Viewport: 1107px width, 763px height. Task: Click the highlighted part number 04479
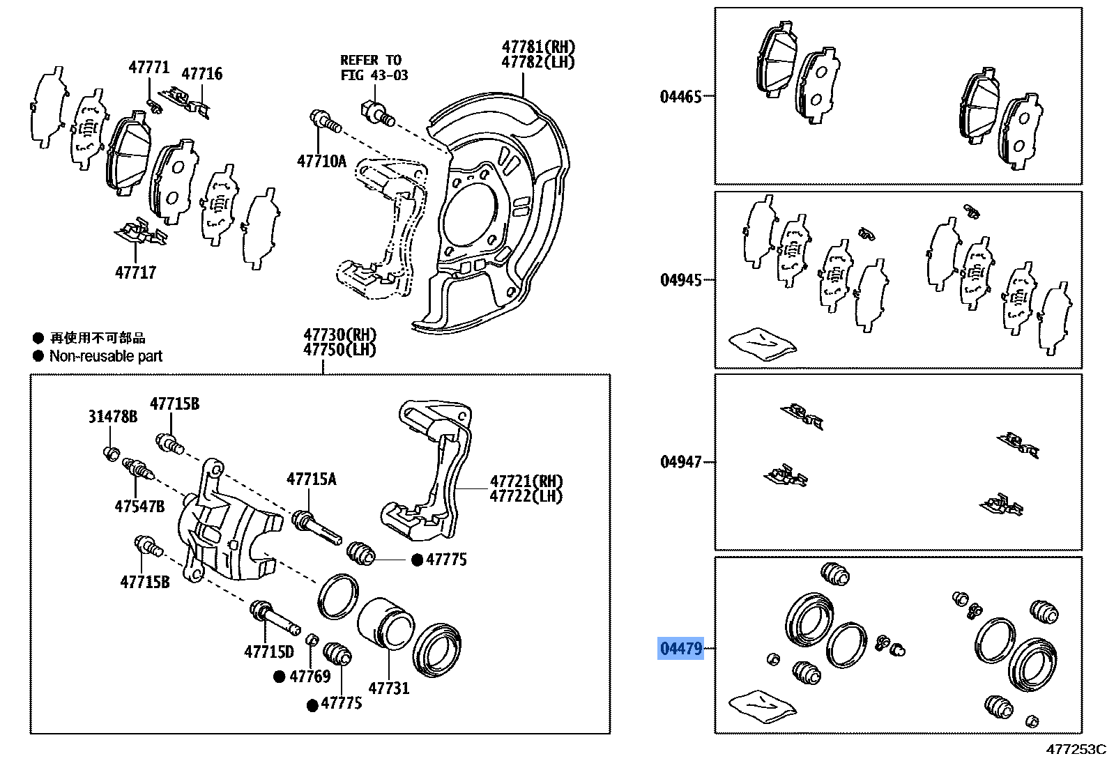(680, 649)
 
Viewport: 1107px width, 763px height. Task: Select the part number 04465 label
(680, 97)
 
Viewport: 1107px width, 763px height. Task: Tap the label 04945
(680, 280)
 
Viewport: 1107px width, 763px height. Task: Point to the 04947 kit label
(680, 462)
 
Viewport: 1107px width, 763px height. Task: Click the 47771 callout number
(148, 68)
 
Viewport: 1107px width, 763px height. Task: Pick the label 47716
(201, 74)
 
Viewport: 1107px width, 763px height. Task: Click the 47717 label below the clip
(135, 272)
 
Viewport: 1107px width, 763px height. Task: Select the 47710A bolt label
(321, 162)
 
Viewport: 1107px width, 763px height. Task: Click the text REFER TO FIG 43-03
(374, 68)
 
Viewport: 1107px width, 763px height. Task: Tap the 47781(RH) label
(538, 47)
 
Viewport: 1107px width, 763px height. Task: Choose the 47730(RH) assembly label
(339, 335)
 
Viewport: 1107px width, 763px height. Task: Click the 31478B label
(112, 417)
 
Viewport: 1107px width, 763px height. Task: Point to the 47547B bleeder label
(139, 507)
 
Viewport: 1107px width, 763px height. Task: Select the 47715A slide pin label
(311, 479)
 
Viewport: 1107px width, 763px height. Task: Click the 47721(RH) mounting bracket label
(526, 481)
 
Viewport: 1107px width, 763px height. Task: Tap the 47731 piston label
(388, 688)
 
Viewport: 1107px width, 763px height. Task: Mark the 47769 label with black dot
(310, 677)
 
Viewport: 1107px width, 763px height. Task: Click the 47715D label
(268, 652)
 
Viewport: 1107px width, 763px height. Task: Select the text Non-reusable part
(105, 356)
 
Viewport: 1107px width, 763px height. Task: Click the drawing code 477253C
(1075, 750)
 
